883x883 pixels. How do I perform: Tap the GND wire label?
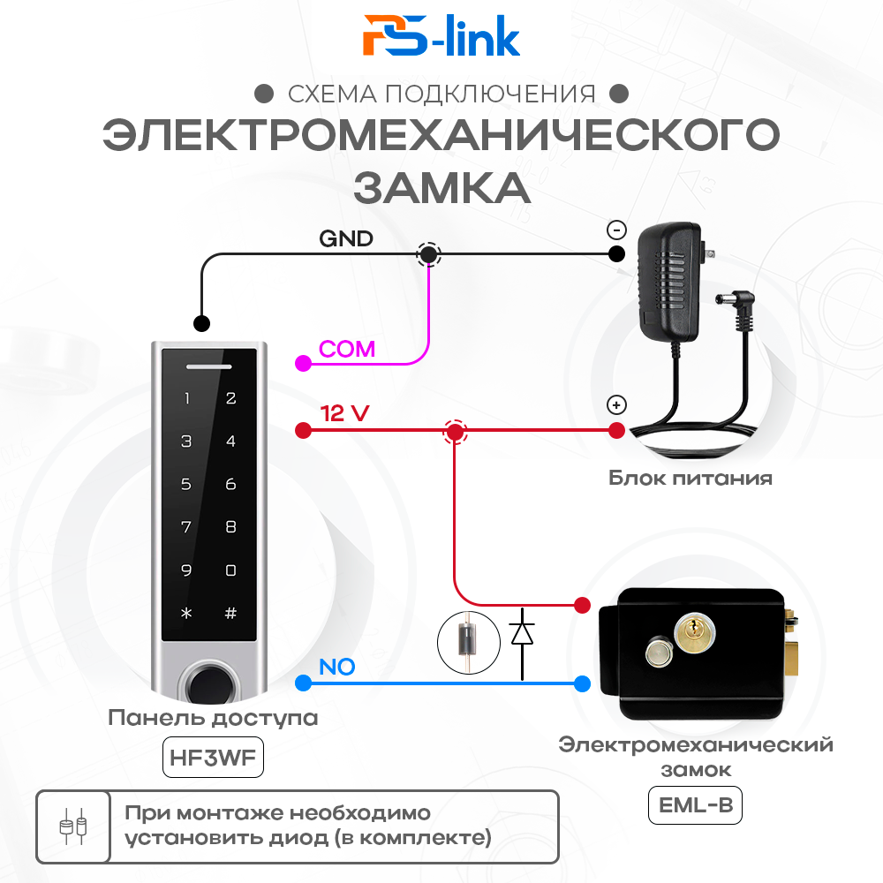pos(345,238)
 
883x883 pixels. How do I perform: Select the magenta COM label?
pos(347,349)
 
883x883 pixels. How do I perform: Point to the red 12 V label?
pos(344,412)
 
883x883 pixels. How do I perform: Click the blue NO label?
pos(336,667)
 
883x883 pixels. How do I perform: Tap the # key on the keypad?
pos(230,613)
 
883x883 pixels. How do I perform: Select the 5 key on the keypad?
pos(186,484)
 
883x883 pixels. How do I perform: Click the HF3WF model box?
pos(214,758)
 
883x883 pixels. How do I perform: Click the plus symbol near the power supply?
pos(616,406)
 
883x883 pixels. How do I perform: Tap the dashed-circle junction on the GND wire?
pos(429,254)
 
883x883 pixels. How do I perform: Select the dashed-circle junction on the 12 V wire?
pos(455,432)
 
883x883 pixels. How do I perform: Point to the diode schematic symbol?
pos(522,633)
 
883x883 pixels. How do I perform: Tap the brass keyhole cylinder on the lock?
pos(691,630)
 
